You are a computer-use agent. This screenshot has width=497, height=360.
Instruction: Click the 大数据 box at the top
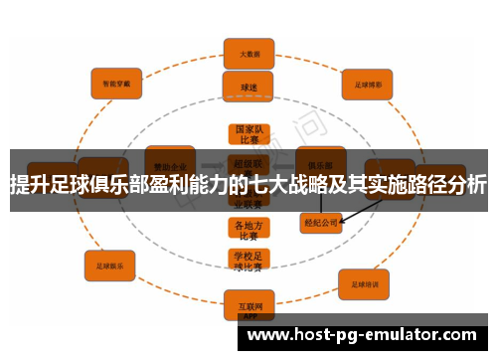coord(248,53)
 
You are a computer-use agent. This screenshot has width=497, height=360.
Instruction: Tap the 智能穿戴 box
coord(117,84)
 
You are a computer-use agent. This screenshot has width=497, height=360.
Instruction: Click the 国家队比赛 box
coord(248,135)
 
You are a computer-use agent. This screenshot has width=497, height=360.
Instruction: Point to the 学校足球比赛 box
coord(248,262)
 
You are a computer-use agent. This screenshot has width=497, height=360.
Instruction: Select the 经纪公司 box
coord(321,222)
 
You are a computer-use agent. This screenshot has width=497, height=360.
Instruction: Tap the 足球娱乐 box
coord(109,266)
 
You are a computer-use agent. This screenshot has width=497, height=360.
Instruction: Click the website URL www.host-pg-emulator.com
coord(362,336)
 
